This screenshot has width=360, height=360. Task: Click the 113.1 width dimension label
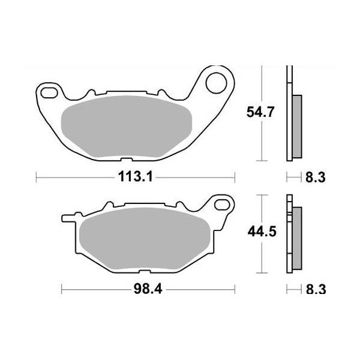click(134, 177)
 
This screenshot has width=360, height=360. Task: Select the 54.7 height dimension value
click(265, 112)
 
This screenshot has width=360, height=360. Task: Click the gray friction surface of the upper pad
click(127, 127)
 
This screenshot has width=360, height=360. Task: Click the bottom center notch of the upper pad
click(127, 160)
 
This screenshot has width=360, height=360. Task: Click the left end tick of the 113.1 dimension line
click(37, 177)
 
